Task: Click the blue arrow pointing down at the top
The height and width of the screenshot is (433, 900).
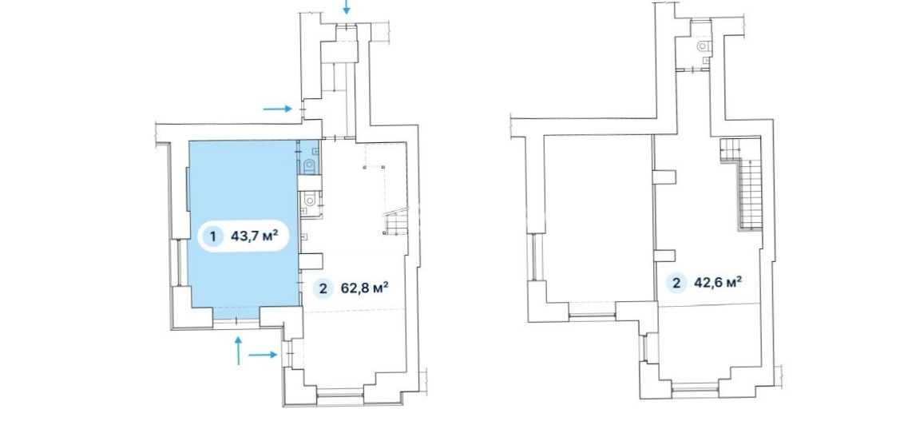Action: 346,7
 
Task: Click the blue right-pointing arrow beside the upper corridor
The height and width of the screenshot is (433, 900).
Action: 278,108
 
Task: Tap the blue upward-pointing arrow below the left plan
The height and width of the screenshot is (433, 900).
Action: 239,351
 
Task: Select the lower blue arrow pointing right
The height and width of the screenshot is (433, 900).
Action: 263,355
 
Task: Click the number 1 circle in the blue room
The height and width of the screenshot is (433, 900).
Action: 213,236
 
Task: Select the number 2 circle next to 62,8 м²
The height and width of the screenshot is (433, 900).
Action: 323,289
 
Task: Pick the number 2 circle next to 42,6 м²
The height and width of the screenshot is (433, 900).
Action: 676,283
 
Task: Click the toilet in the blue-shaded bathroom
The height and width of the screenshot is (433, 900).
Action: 310,166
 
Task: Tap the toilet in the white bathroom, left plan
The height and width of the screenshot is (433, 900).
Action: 310,199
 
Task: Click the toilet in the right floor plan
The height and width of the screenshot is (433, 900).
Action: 704,46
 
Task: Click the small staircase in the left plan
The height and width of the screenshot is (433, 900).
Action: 396,223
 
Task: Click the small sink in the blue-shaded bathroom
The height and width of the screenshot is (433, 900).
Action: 315,149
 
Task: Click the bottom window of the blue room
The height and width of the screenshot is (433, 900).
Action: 236,321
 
